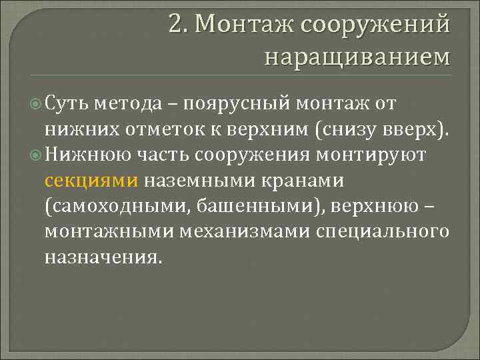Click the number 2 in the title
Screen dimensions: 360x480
coord(176,25)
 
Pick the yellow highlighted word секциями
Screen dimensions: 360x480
coord(92,181)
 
